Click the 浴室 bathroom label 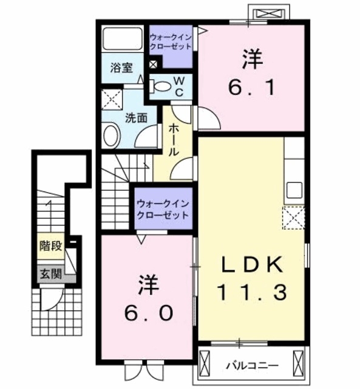pos(121,67)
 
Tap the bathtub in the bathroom pos(122,39)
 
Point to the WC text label pos(180,86)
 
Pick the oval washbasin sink pos(110,136)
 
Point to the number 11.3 pos(250,294)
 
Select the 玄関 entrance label pos(50,274)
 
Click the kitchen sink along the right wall pos(294,190)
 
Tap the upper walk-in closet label pos(171,42)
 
